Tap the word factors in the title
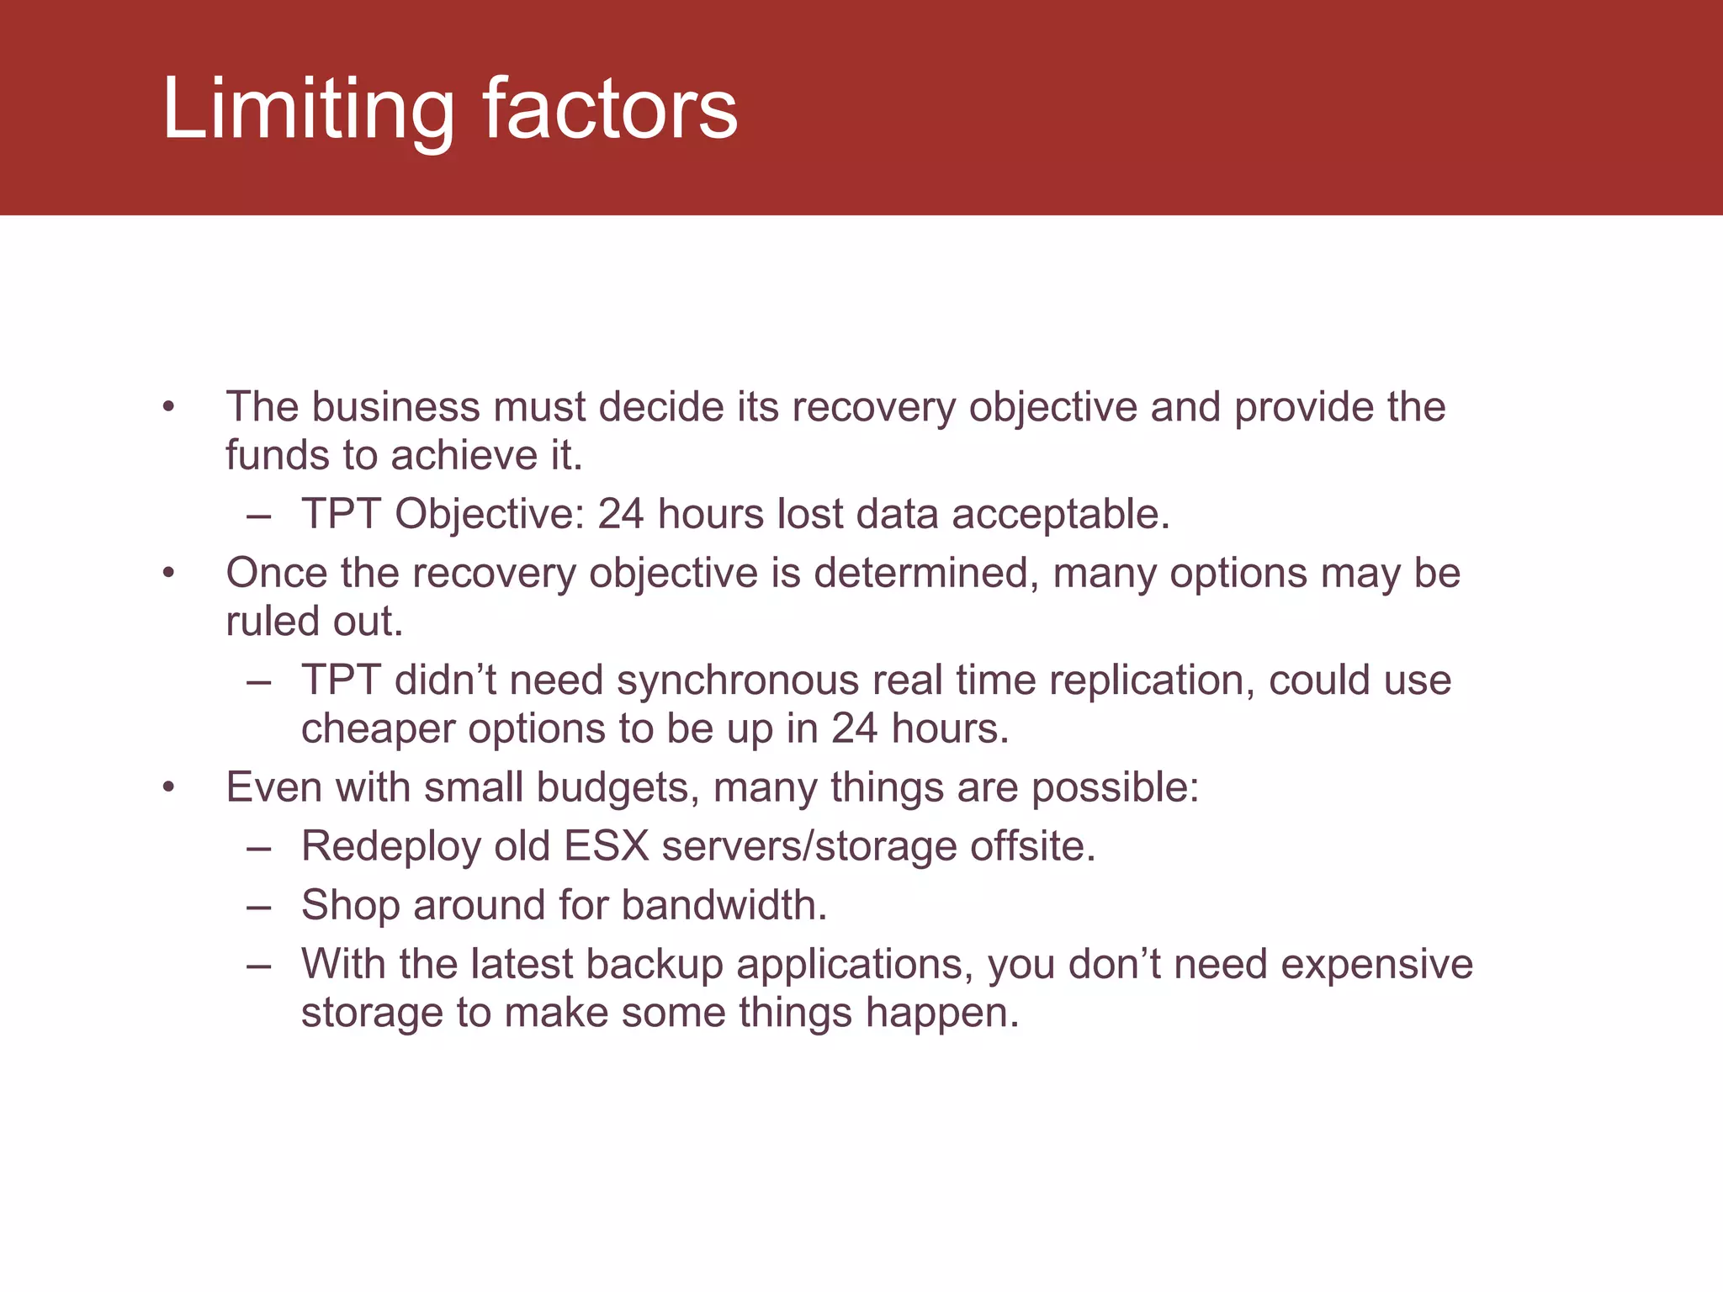click(x=610, y=109)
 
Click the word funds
click(x=277, y=455)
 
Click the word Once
click(x=276, y=574)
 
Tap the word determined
click(x=926, y=574)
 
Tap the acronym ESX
click(x=606, y=847)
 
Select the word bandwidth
click(x=724, y=906)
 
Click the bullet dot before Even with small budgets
click(x=169, y=788)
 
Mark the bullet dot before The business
click(x=169, y=408)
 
